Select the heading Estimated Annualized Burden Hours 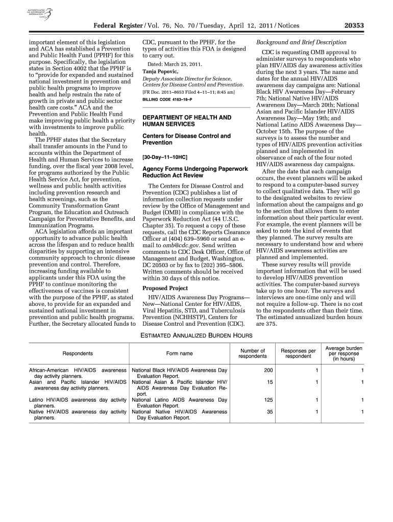196,335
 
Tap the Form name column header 180,353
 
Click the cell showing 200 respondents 268,370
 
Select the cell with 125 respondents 268,400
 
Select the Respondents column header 78,353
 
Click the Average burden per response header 343,353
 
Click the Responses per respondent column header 298,353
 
